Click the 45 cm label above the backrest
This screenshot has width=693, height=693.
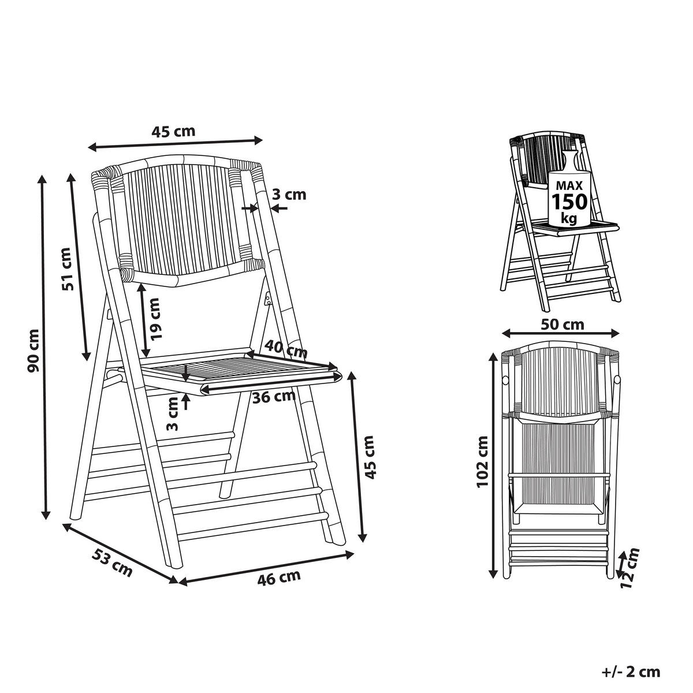(x=173, y=131)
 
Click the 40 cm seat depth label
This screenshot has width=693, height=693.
(x=286, y=349)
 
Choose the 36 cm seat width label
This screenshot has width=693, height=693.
(x=274, y=397)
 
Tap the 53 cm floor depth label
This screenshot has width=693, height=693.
(x=112, y=562)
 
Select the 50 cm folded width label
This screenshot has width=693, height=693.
(x=563, y=324)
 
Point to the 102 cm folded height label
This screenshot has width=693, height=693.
(x=483, y=462)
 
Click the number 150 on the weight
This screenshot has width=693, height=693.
(x=569, y=202)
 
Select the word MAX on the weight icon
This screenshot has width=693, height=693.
(x=569, y=186)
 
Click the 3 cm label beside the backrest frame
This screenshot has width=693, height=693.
(x=289, y=195)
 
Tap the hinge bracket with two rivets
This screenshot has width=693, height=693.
(x=269, y=298)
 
